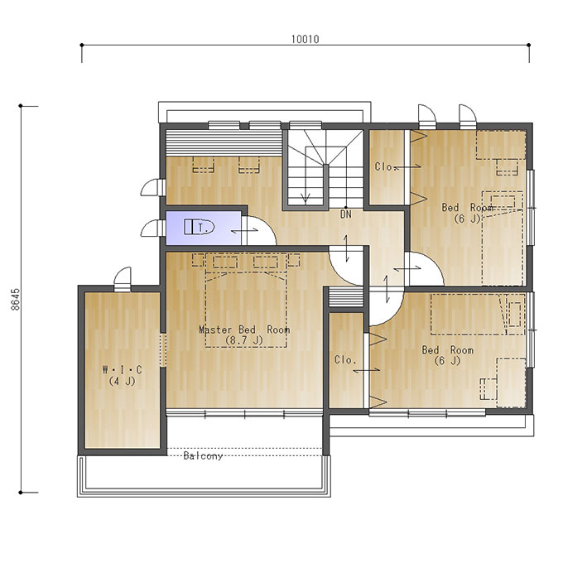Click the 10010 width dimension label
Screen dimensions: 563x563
coord(305,39)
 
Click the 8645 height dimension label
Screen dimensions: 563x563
coord(16,299)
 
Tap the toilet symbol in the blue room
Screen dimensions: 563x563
coord(199,227)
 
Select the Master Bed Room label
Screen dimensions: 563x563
coord(244,330)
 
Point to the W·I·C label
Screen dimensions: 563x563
coord(122,369)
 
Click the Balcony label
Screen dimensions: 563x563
coord(203,456)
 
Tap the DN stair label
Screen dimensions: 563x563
coord(346,214)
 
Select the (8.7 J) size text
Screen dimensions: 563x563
coord(244,340)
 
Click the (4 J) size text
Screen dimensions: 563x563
coord(122,381)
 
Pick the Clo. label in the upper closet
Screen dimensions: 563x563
coord(385,166)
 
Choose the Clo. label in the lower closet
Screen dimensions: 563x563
coord(345,360)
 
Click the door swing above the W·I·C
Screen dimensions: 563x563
coord(123,276)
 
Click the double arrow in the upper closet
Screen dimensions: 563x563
coord(409,166)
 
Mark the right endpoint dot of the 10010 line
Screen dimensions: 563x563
coord(529,45)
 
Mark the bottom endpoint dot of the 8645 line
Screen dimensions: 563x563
coord(21,493)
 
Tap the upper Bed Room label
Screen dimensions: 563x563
coord(467,208)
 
